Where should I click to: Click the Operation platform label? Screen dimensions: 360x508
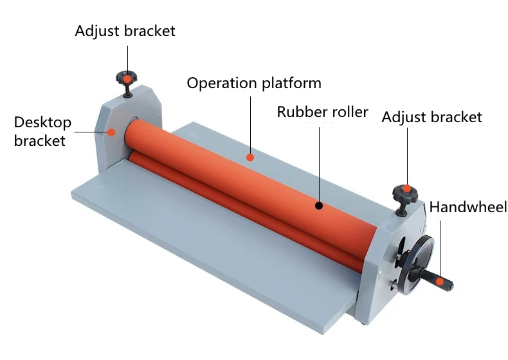click(253, 84)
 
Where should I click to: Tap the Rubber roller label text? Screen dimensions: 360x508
click(322, 112)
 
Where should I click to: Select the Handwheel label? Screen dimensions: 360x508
click(468, 207)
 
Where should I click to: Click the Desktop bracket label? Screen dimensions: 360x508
click(42, 131)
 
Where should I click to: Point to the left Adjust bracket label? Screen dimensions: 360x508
click(125, 31)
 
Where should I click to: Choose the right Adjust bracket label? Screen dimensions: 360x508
click(431, 117)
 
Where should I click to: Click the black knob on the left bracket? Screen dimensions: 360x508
click(127, 80)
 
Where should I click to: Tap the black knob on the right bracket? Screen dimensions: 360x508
click(404, 193)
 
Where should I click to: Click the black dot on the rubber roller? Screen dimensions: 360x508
click(318, 206)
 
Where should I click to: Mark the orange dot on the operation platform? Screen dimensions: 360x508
click(250, 156)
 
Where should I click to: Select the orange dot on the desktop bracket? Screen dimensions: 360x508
click(111, 132)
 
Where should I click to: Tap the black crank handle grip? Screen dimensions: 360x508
click(444, 282)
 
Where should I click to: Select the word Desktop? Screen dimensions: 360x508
click(42, 122)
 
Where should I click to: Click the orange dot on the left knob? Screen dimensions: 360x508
click(127, 78)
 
